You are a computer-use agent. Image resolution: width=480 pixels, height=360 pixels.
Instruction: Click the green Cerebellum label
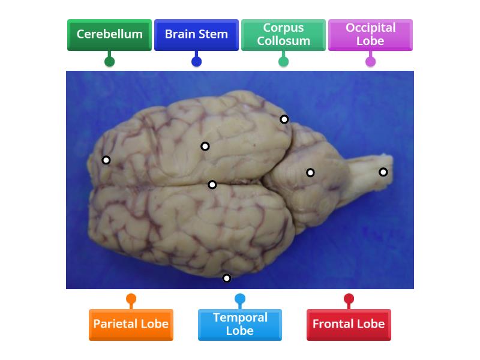point(109,34)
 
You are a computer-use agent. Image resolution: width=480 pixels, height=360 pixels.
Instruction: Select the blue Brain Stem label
point(196,34)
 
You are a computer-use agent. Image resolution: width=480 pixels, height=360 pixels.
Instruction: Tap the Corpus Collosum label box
point(283,34)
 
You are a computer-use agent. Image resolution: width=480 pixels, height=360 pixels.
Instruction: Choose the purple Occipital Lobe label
point(370,34)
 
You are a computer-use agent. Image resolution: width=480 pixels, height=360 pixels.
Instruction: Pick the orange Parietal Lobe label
point(131,324)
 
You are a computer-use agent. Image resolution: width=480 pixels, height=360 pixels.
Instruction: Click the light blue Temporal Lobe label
point(240,324)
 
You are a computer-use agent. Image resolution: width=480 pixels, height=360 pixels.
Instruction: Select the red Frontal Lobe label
point(349,324)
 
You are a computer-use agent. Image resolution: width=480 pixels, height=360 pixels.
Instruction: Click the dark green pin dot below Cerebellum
point(109,61)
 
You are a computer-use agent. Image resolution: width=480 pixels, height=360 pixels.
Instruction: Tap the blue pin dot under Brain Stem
point(196,61)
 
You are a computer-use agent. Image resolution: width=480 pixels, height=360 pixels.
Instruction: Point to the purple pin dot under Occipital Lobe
point(370,61)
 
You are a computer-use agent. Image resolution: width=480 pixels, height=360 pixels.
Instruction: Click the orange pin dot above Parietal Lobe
point(131,299)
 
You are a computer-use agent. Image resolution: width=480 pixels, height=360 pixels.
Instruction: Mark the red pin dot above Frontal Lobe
point(349,299)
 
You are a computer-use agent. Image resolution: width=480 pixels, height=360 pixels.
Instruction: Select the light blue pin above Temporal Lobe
point(240,299)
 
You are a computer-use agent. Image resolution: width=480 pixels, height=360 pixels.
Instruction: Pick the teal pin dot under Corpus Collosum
point(283,61)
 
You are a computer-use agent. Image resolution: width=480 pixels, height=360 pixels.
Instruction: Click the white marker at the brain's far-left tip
point(106,160)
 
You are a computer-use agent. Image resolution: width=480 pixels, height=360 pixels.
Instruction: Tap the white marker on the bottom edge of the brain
point(227,278)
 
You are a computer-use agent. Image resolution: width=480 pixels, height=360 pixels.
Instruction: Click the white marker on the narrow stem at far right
point(383,172)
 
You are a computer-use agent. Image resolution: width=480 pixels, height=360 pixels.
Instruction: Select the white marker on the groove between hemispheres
point(212,185)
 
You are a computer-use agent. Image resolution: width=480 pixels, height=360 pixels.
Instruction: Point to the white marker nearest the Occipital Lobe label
point(284,119)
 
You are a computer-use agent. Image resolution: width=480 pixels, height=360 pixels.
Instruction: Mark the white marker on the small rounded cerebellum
point(310,173)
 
